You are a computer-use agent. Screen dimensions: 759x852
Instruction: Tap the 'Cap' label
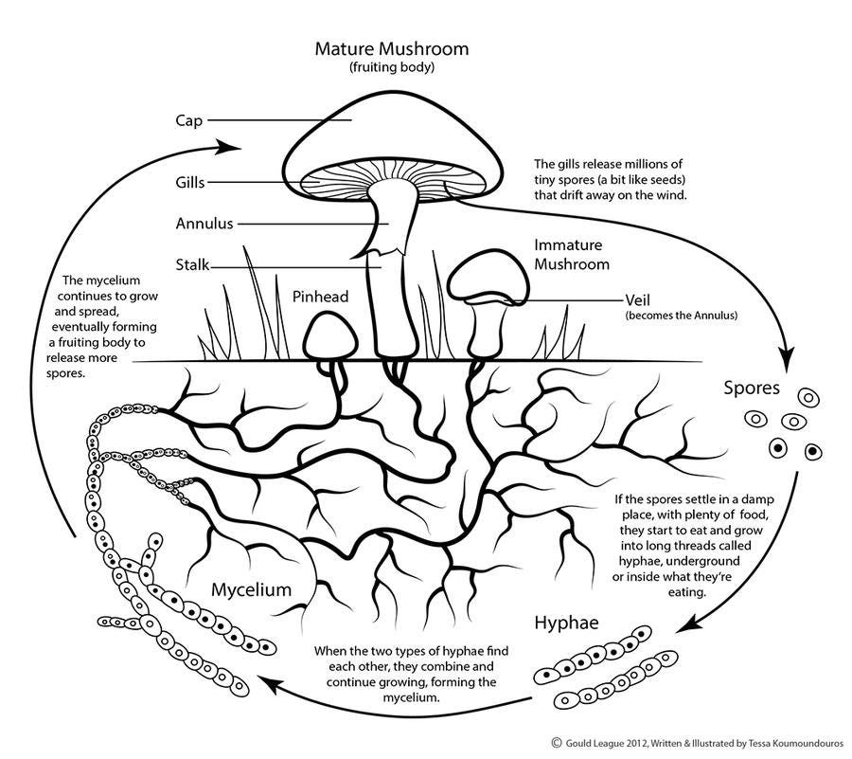tap(188, 120)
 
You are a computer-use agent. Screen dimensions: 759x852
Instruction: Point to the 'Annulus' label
tap(204, 224)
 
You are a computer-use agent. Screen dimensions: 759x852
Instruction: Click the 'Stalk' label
tap(192, 264)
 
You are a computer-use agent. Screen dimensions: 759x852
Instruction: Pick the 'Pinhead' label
tap(320, 297)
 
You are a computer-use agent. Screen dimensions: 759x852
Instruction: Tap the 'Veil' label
tap(641, 299)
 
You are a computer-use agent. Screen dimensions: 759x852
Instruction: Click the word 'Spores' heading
tap(751, 388)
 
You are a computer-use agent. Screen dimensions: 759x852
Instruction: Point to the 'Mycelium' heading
tap(251, 589)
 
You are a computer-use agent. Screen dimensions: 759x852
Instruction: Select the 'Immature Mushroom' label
tap(572, 254)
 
